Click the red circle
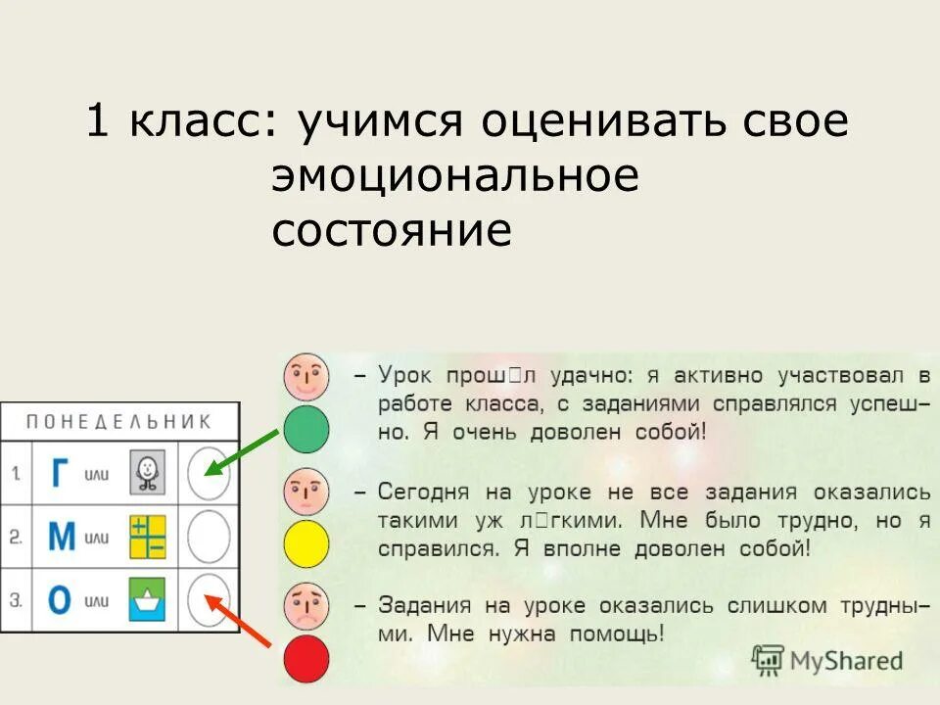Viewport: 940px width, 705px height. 306,659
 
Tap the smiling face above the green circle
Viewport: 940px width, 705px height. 306,376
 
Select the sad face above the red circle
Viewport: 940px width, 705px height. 306,607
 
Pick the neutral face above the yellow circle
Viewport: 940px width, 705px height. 306,492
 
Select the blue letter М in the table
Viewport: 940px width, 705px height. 62,538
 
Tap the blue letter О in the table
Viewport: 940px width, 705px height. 61,600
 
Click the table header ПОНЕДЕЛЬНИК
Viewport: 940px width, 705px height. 118,422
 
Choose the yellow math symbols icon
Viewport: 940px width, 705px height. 148,538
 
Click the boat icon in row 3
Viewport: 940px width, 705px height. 148,599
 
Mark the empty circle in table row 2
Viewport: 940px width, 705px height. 208,538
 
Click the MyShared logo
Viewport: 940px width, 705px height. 827,659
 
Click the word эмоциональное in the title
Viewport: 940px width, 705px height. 455,177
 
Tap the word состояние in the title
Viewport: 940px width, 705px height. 392,232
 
